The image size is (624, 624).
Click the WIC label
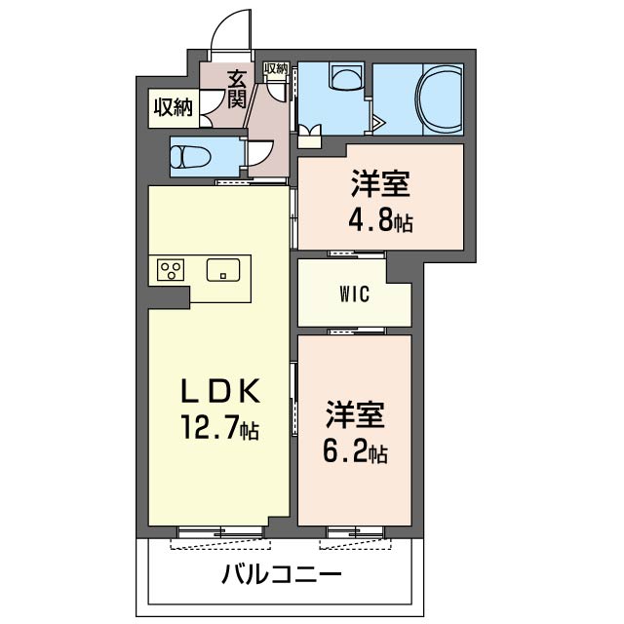[x=354, y=295]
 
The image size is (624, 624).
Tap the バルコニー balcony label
[x=281, y=573]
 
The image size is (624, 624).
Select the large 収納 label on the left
[x=173, y=107]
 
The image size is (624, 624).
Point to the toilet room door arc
[x=259, y=153]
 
